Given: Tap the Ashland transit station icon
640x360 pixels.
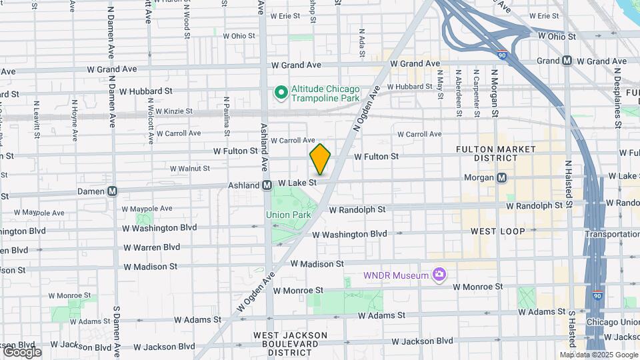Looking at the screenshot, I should click(266, 185).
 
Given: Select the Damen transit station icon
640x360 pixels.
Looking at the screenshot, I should click(112, 191).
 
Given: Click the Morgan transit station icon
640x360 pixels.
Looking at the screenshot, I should click(501, 177).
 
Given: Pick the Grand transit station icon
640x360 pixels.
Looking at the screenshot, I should click(567, 61).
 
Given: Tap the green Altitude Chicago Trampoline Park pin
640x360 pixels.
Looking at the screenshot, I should click(281, 93).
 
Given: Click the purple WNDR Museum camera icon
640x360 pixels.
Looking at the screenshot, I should click(439, 274).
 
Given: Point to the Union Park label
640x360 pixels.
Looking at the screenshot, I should click(288, 215).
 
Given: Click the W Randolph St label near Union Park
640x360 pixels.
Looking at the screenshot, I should click(357, 209).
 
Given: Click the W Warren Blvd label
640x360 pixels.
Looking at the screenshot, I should click(151, 247).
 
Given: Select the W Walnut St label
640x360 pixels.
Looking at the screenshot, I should click(190, 169).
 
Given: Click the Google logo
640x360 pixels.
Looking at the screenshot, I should click(22, 352).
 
